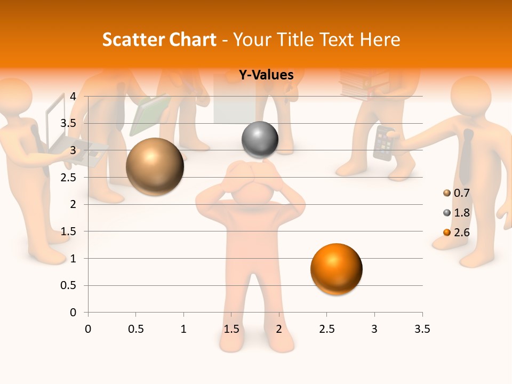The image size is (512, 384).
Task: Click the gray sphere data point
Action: point(260,140)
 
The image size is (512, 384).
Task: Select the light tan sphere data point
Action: point(155,166)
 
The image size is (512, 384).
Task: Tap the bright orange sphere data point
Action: point(336,269)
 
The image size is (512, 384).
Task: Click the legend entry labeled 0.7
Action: point(461,193)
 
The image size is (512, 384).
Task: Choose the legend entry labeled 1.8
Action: point(461,213)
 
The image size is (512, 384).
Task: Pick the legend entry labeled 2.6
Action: point(461,233)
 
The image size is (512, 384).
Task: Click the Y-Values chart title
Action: point(266,75)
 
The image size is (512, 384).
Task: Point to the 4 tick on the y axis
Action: point(74,97)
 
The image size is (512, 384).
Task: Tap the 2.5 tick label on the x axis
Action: point(326,329)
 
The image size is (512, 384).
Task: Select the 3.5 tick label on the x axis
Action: point(422,329)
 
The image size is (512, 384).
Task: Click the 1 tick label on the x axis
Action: point(183,329)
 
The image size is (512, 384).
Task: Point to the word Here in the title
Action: point(379,39)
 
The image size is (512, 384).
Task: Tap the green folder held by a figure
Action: point(147,114)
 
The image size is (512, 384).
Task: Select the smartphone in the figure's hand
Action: point(383,143)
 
